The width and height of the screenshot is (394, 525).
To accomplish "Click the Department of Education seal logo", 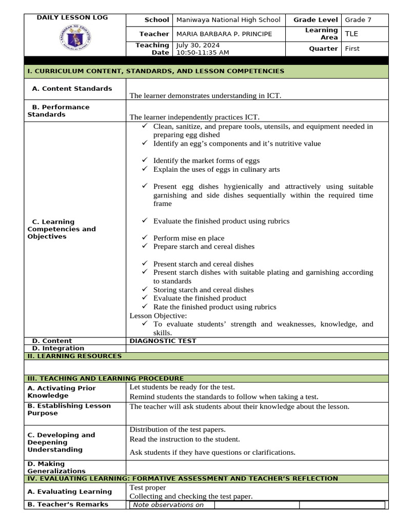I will [72, 38].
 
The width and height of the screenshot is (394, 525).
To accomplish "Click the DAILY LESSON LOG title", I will [72, 17].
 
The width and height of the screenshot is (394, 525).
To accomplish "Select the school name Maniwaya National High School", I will [228, 20].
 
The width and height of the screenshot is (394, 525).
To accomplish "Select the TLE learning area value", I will [351, 34].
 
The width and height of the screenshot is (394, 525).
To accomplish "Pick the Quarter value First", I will [352, 49].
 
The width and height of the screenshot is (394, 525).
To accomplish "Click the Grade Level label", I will [316, 20].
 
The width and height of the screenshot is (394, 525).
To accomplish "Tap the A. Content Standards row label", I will [72, 89].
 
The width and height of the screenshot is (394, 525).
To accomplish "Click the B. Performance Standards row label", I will [58, 111].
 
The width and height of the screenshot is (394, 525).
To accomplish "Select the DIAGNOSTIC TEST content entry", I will [163, 341].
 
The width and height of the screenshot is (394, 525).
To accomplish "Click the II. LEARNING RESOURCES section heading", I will [74, 356].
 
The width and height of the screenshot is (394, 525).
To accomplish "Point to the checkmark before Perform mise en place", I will [145, 238].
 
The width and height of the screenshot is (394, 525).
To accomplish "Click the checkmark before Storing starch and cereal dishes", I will [145, 290].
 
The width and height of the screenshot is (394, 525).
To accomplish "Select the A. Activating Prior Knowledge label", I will [62, 392].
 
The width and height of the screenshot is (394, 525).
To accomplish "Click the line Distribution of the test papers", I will [178, 430].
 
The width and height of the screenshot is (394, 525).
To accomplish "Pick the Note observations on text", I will [168, 504].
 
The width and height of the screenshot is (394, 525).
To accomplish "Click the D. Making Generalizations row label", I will [56, 467].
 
